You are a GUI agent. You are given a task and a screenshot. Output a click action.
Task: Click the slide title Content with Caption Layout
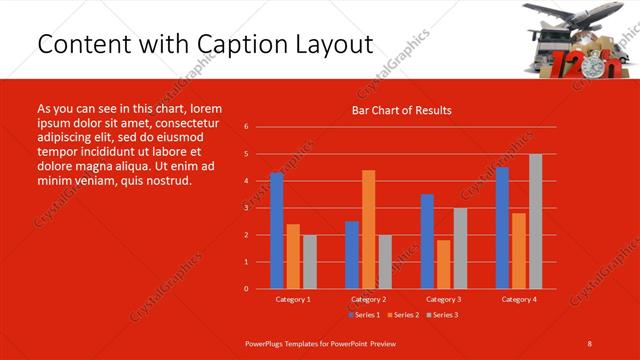[x=205, y=46]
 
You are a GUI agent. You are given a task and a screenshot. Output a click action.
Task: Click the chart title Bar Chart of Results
[x=401, y=110]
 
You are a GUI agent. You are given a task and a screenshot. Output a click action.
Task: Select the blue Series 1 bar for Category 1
[x=277, y=230]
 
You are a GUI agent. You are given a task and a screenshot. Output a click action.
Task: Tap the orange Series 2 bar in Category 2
[x=368, y=229]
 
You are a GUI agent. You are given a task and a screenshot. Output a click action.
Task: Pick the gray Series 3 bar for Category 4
[x=535, y=221]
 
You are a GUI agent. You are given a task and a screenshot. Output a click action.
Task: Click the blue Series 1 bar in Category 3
[x=427, y=241]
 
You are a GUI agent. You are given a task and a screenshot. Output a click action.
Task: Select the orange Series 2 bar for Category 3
[x=443, y=264]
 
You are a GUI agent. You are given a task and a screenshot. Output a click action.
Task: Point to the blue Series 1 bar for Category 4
[x=502, y=228]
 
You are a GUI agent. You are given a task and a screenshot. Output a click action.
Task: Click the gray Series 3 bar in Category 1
[x=309, y=261]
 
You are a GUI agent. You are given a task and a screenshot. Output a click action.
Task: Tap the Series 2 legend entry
[x=404, y=315]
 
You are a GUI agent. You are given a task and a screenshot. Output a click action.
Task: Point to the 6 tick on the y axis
[x=246, y=127]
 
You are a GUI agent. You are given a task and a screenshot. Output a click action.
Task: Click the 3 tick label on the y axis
[x=246, y=208]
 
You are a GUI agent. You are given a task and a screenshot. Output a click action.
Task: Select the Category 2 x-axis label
[x=368, y=299]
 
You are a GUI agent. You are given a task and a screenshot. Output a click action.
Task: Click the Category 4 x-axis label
[x=518, y=299]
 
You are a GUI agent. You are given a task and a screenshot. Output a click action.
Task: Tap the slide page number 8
[x=590, y=343]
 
